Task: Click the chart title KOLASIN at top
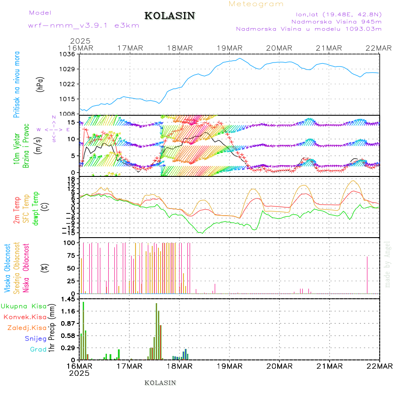pos(169,16)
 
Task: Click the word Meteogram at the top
pos(257,4)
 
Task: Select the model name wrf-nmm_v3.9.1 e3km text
pos(84,25)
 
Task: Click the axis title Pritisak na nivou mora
pos(17,84)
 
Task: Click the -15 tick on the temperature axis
pos(69,232)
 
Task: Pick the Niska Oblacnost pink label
pos(26,268)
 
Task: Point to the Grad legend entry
pos(38,349)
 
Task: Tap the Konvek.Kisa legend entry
pos(25,317)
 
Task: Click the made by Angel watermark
pos(388,264)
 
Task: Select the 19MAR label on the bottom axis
pos(229,366)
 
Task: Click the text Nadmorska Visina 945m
pos(337,21)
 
